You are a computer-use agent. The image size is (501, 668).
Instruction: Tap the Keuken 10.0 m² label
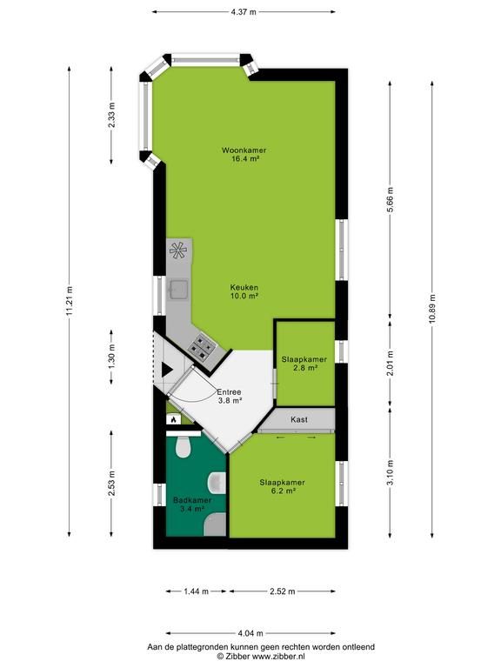tap(244, 292)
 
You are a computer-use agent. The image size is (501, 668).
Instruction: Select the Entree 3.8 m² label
tap(230, 397)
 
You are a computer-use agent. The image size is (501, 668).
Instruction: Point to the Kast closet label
tap(299, 419)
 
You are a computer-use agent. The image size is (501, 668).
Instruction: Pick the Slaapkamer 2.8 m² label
tap(304, 364)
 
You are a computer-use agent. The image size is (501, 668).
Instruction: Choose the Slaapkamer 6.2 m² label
tap(282, 486)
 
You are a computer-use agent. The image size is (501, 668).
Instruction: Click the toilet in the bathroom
tap(184, 444)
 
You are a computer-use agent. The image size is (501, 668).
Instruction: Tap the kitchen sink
tap(178, 290)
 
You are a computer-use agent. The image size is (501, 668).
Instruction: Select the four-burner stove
tap(202, 345)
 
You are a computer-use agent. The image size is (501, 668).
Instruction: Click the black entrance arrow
tap(167, 370)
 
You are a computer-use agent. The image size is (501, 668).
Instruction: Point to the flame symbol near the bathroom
tap(173, 419)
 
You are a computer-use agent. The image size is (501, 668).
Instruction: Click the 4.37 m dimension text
tap(244, 12)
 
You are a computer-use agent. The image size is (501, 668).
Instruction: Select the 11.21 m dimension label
tap(70, 300)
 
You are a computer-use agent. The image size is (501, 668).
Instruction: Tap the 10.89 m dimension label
tap(432, 310)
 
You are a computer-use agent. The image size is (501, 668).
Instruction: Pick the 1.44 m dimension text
tap(196, 591)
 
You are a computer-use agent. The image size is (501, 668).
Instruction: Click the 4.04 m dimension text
tap(250, 633)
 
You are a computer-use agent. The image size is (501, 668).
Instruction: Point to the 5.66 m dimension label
tap(390, 198)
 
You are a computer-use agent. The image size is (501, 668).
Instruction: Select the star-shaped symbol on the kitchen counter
tap(178, 250)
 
